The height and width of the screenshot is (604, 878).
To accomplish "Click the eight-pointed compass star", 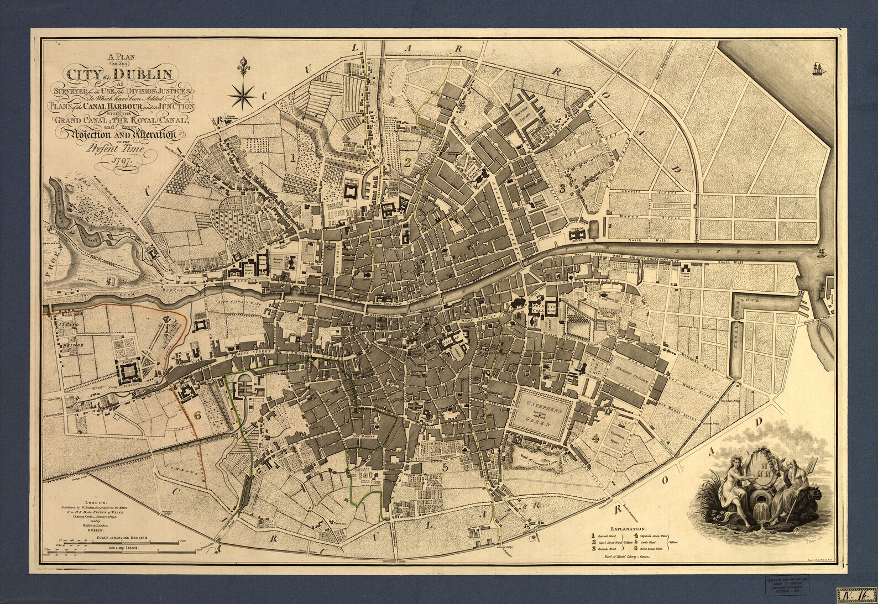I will pyautogui.click(x=243, y=94).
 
